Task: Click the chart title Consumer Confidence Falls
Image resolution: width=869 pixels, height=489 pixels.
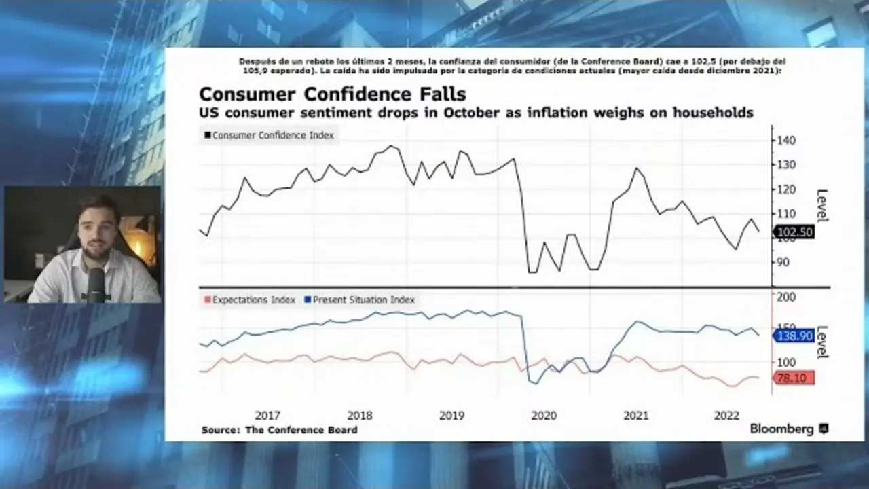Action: tap(332, 94)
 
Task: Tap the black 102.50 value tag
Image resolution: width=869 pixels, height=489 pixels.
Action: tap(794, 232)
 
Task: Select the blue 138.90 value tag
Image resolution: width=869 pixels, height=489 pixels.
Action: tap(794, 335)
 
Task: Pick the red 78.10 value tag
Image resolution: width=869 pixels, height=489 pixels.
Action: tap(793, 378)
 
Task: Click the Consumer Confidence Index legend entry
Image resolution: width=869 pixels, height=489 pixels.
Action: tap(270, 135)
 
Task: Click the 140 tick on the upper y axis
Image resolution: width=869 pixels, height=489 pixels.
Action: tap(787, 140)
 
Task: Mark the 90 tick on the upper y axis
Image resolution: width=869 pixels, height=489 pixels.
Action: tap(784, 262)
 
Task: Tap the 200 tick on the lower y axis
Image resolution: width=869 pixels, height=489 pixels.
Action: tap(787, 297)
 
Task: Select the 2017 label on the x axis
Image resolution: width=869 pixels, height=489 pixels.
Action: tap(267, 416)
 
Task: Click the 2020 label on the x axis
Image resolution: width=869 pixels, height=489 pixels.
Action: tap(543, 416)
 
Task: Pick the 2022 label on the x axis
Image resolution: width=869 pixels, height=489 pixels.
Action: tap(727, 416)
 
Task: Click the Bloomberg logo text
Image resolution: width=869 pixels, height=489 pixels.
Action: tap(781, 429)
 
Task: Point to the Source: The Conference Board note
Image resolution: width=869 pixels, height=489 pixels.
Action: tap(279, 430)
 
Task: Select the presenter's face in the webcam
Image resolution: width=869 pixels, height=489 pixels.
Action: tap(98, 224)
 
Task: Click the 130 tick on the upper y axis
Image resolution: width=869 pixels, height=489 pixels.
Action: tap(787, 164)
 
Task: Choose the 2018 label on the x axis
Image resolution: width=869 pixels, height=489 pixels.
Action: tap(359, 416)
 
